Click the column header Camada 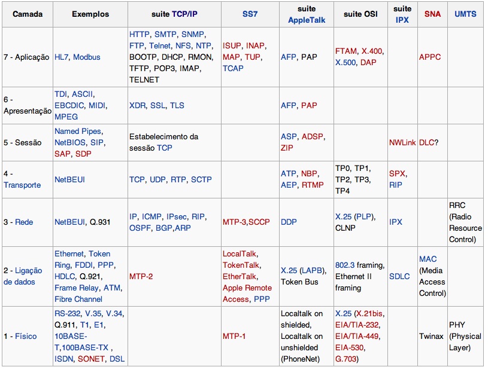[28, 14]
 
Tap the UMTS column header [465, 14]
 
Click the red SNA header [432, 14]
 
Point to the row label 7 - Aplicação [27, 57]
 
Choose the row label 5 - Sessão [23, 142]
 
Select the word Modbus [87, 57]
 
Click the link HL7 [62, 57]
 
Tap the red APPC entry [430, 57]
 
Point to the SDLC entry [399, 276]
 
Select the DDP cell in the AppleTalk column [289, 222]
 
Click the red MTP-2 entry [141, 276]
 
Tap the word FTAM [347, 51]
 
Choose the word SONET [91, 359]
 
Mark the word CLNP [346, 227]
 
